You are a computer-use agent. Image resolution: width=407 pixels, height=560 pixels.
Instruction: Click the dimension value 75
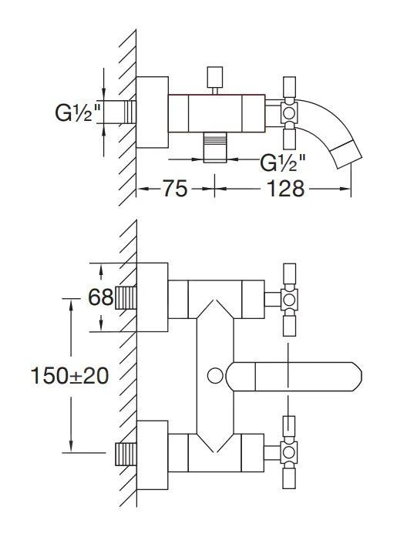(x=175, y=188)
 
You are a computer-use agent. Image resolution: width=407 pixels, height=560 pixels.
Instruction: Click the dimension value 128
(x=285, y=188)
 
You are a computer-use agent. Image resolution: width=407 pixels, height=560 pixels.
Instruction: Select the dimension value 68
(x=100, y=297)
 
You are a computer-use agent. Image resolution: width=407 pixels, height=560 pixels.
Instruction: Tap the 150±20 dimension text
(x=69, y=376)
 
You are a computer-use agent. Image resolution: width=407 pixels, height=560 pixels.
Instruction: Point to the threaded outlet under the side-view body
(x=215, y=147)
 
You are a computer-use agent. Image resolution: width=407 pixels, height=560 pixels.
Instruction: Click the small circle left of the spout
(x=216, y=376)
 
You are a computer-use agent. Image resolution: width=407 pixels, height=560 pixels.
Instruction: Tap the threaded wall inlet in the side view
(x=130, y=112)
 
